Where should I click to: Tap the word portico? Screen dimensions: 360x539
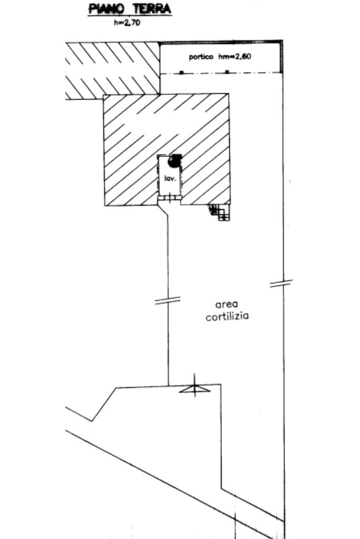pos(200,57)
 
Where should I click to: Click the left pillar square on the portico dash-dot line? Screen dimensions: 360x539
pos(181,72)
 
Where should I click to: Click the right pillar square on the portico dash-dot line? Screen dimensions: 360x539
pos(227,72)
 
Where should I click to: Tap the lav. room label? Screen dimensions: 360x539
pos(169,179)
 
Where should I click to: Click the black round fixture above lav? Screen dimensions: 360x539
pos(175,160)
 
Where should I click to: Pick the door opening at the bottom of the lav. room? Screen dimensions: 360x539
pos(169,198)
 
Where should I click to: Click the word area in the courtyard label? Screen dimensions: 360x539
pos(227,305)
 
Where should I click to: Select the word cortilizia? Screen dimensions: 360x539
pos(227,317)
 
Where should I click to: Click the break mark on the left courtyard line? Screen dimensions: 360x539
pos(168,300)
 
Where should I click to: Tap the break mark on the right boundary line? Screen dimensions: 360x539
pos(281,283)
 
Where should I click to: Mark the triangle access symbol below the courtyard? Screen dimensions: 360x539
pos(194,389)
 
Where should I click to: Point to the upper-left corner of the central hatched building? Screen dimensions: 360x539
pos(104,95)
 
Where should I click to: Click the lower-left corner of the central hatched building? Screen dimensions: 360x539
pos(104,205)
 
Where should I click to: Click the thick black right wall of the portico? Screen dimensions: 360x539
pos(281,57)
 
